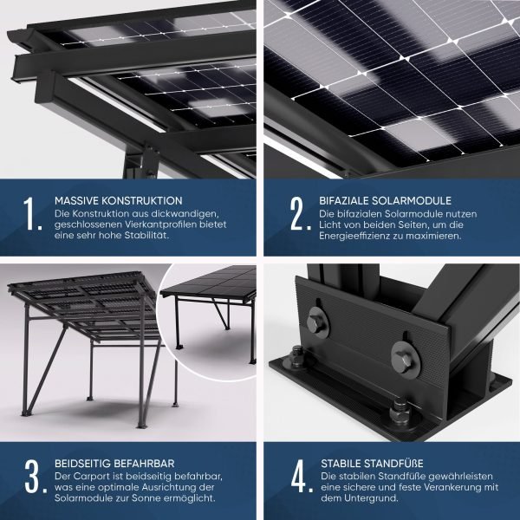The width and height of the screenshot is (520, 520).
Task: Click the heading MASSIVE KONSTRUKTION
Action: pyautogui.click(x=118, y=199)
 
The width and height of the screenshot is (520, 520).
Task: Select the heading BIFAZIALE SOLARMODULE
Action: pyautogui.click(x=386, y=199)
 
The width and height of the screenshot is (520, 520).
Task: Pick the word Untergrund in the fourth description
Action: pyautogui.click(x=367, y=499)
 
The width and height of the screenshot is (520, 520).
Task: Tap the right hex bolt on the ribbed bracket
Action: pyautogui.click(x=402, y=354)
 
